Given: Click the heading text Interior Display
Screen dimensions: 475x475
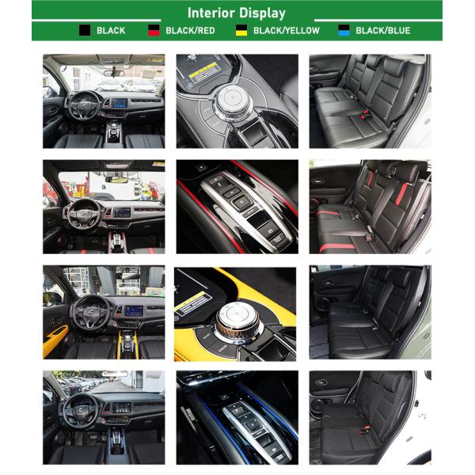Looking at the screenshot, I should pos(237,13).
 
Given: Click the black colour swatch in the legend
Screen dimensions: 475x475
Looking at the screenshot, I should pos(84,30).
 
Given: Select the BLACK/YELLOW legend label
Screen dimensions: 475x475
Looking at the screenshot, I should pos(286,30).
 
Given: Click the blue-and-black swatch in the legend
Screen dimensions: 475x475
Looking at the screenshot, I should pos(344,30).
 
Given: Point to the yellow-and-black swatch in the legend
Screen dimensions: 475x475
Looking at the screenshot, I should pos(241,30).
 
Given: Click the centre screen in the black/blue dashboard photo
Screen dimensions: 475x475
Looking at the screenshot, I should pos(121,408).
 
